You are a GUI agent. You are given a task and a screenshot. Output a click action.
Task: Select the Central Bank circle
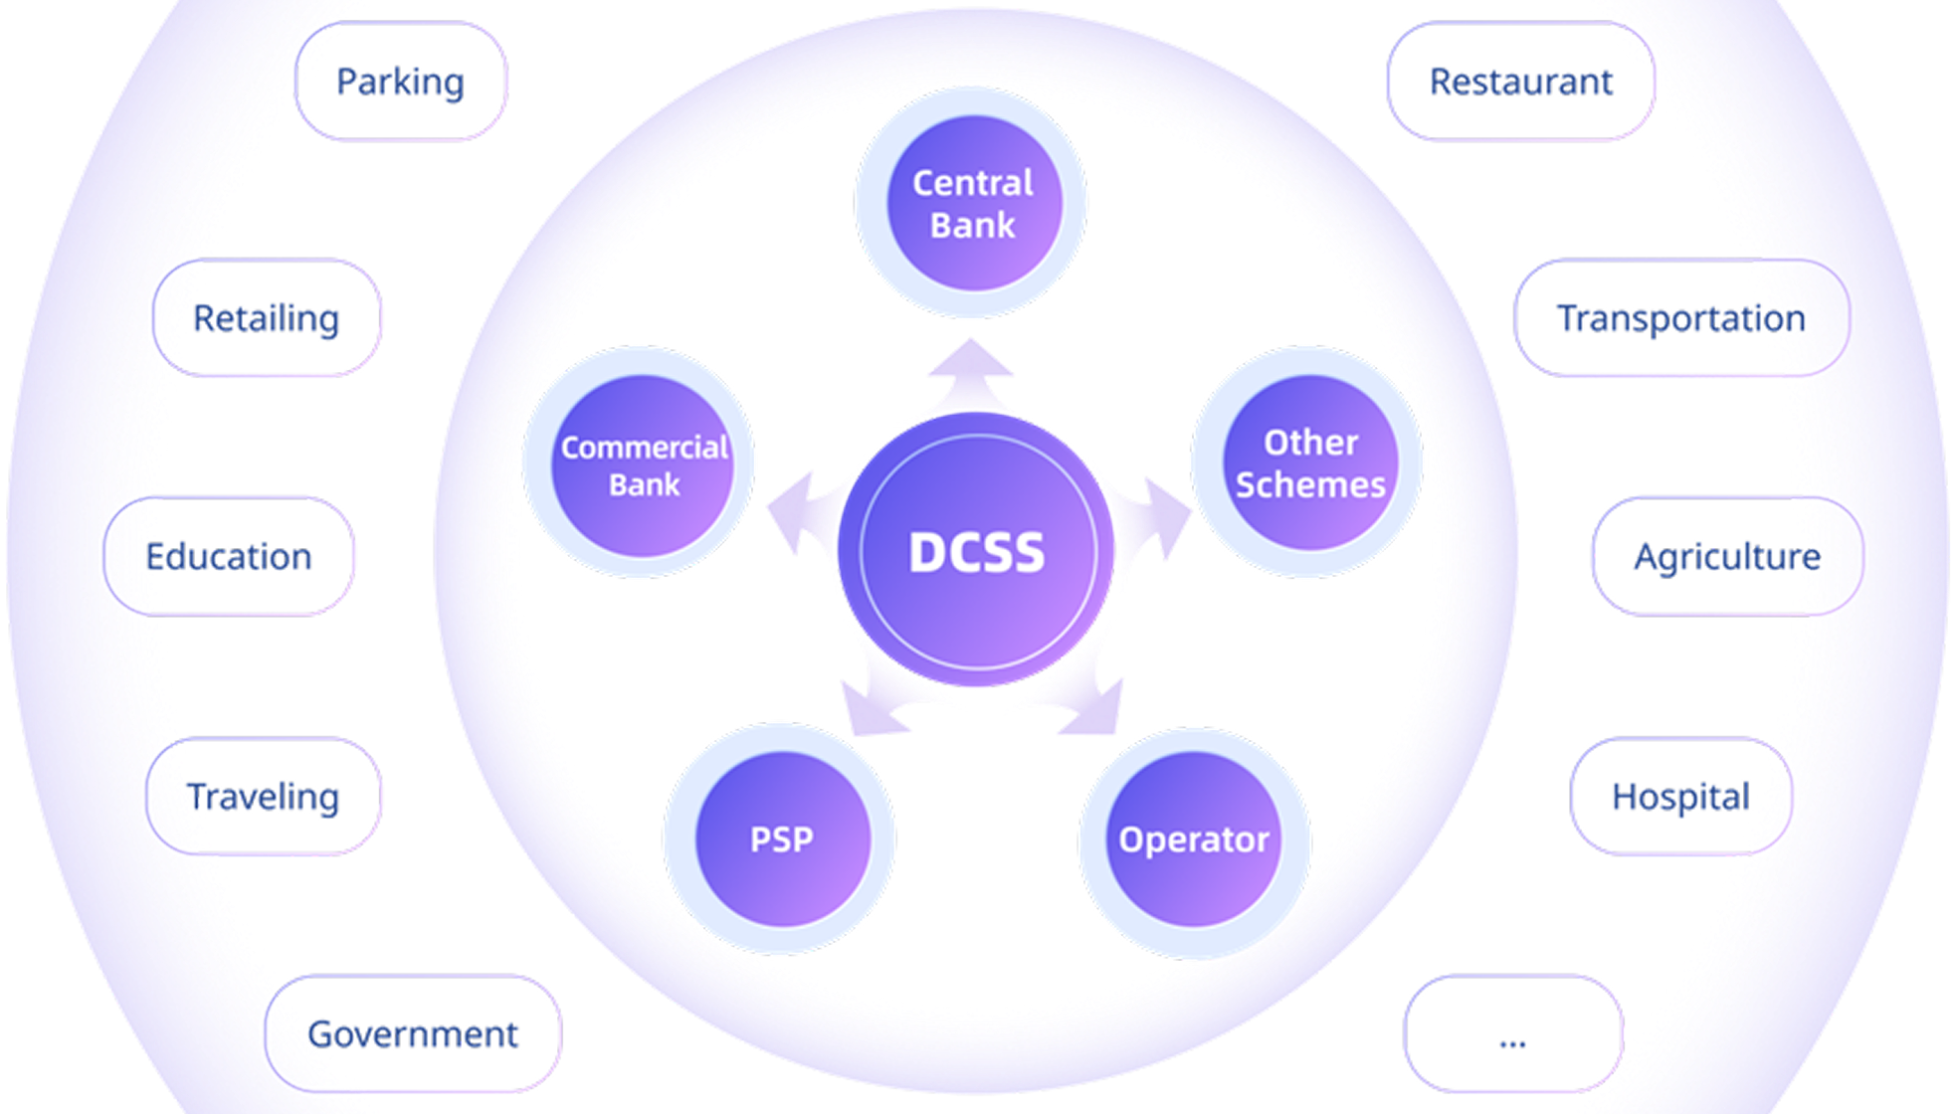(972, 203)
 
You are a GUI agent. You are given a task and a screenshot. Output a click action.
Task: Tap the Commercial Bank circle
(642, 464)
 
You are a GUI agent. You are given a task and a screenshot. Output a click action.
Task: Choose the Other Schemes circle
(1308, 463)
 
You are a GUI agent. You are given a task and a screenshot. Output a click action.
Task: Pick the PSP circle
(781, 839)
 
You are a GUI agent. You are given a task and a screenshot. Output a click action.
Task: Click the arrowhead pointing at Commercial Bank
(792, 509)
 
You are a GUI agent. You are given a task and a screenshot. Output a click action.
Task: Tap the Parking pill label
(400, 82)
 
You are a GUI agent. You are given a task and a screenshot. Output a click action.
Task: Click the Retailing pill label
(267, 318)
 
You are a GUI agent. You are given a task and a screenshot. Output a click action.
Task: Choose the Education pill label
(229, 556)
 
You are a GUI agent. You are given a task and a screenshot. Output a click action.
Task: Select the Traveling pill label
(264, 797)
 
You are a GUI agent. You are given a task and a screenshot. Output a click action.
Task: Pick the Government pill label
(413, 1034)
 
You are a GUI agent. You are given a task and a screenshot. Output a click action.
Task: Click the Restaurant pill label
(1520, 82)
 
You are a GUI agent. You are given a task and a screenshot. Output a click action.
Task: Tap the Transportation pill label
(1680, 318)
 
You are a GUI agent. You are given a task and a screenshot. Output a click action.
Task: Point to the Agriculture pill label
(1727, 556)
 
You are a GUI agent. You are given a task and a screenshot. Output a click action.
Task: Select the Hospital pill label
(1680, 797)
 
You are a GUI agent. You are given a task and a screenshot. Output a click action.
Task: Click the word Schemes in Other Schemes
(1309, 485)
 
